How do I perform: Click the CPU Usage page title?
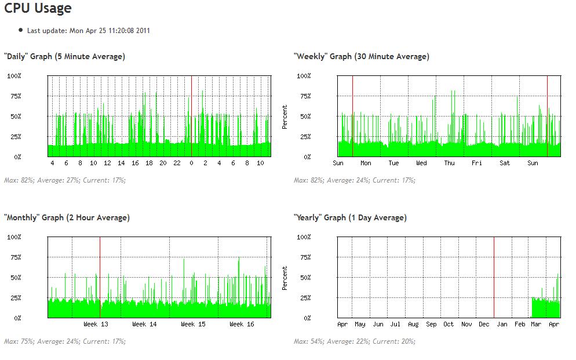coord(38,9)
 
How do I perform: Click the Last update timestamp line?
coord(88,31)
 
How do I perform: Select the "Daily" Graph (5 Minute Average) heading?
coord(64,57)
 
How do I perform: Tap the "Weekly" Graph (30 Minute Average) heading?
coord(361,57)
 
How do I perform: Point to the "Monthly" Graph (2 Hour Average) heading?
coord(67,218)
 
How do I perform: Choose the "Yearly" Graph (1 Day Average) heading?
coord(350,218)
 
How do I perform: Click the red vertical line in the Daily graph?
coord(191,116)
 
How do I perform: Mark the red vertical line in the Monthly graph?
coord(100,272)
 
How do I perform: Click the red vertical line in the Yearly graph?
coord(494,272)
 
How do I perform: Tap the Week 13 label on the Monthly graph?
coord(96,325)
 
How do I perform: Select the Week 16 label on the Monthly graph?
coord(242,325)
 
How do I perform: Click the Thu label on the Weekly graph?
coord(449,163)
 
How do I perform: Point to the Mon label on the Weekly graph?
coord(366,163)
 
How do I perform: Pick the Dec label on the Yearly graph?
coord(484,325)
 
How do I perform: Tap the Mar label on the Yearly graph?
coord(536,325)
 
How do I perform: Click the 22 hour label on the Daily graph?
coord(177,163)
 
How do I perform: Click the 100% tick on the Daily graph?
coord(14,76)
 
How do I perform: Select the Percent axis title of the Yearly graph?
coord(285,278)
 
